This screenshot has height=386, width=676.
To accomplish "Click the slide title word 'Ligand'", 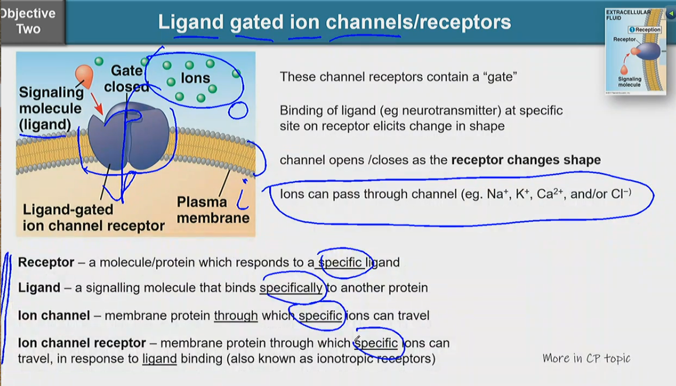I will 190,22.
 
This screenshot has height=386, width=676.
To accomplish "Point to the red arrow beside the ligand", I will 97,104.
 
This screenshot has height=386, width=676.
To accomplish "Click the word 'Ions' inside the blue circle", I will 195,78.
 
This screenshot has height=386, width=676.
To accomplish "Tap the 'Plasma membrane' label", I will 213,210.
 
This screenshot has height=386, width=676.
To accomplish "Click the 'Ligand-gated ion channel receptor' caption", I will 93,218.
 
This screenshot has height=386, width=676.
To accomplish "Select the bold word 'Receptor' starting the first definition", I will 46,263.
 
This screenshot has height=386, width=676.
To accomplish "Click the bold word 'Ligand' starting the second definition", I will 39,288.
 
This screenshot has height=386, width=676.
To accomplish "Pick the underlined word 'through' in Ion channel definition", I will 236,316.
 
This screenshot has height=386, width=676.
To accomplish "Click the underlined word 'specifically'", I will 291,288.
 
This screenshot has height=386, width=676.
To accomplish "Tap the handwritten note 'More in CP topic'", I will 586,358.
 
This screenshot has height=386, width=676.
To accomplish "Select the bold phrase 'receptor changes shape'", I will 526,160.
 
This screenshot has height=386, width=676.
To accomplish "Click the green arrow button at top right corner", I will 671,14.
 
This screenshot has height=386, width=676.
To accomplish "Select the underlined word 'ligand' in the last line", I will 160,359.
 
